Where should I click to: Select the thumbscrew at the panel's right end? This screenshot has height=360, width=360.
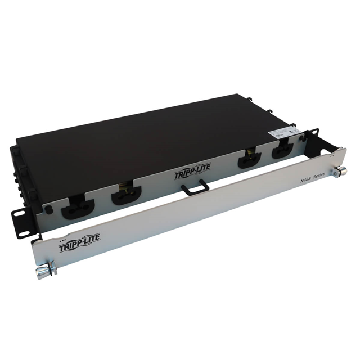341,172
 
